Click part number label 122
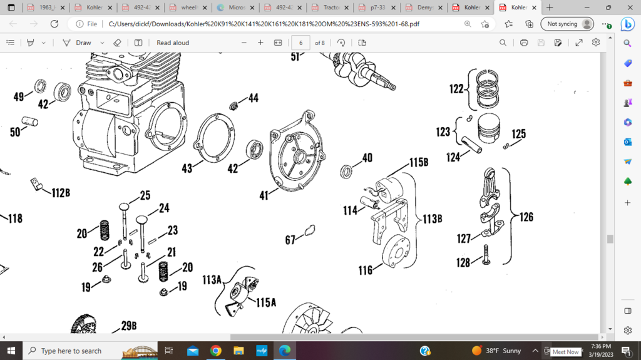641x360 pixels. coord(456,89)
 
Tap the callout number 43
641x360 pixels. coord(187,168)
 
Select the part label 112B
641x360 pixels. coord(60,193)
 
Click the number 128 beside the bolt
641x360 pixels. coord(463,263)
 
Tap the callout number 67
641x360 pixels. coord(290,239)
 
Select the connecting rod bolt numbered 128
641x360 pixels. coord(485,254)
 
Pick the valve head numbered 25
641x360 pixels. coord(126,206)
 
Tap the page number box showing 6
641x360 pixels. coord(300,43)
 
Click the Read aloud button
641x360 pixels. coord(173,43)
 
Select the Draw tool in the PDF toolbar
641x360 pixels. coord(77,43)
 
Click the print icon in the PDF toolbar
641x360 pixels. coord(524,43)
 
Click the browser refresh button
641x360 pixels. coord(54,24)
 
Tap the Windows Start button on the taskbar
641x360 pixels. coord(11,351)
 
